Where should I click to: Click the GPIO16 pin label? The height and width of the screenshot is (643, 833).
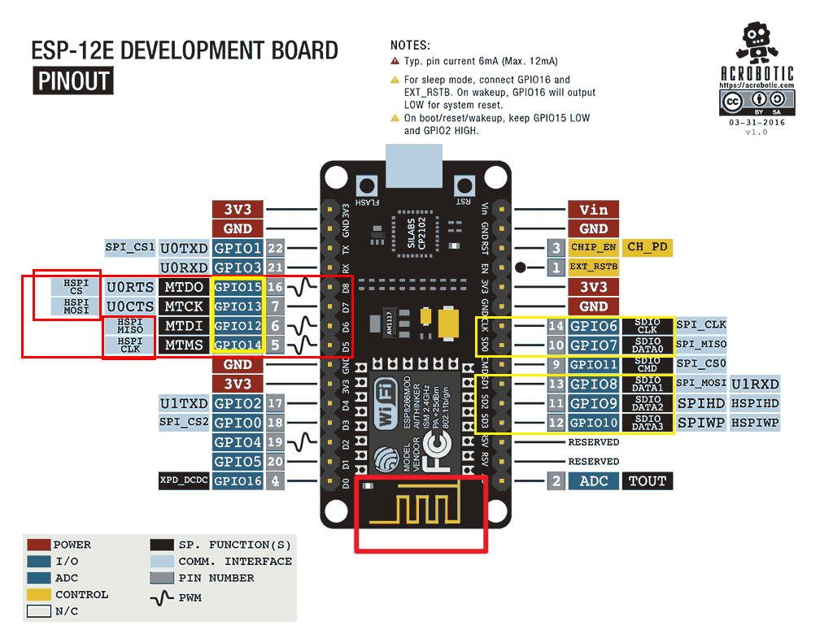coord(238,481)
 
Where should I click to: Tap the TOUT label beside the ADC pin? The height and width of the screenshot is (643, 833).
coord(648,481)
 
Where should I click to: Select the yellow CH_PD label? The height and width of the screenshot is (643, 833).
coord(648,247)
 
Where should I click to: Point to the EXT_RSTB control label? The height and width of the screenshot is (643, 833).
coord(593,267)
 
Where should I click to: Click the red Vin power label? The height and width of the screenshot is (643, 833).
coord(593,210)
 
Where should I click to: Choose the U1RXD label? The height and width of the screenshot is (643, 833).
coord(755,384)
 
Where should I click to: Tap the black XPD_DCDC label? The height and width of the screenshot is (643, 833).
coord(184,481)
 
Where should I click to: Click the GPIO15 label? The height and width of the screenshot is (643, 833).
coord(238,287)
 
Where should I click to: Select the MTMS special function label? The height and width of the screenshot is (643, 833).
coord(184,345)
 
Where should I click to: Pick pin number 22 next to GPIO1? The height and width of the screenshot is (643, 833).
coord(275,248)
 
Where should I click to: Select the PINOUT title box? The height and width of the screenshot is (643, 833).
coord(73,81)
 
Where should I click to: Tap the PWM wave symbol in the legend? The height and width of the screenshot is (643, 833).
coord(163,598)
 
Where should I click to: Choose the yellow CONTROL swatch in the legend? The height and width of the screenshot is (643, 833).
coord(39,595)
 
